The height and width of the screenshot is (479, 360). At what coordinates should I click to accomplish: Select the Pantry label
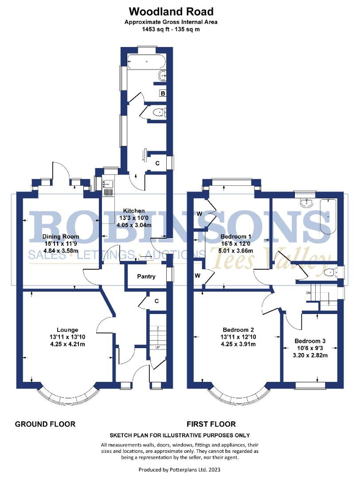146,276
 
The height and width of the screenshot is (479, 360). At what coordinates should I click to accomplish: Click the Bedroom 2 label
238,330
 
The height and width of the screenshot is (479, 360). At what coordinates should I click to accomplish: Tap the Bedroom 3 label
310,341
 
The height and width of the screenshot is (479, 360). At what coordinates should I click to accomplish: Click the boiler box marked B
163,94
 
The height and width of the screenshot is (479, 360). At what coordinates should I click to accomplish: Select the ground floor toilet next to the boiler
158,113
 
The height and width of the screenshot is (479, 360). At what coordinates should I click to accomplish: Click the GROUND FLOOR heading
45,424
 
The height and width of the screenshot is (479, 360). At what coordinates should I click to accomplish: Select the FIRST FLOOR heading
211,424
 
